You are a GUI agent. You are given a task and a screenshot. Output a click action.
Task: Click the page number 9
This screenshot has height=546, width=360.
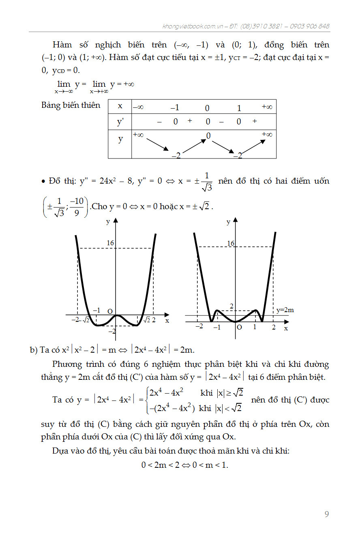click(x=327, y=514)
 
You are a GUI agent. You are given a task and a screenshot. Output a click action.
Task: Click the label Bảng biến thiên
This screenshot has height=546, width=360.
click(x=71, y=105)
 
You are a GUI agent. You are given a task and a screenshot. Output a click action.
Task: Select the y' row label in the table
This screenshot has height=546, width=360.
click(x=120, y=122)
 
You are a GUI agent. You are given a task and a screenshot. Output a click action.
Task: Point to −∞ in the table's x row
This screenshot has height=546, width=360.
click(x=138, y=107)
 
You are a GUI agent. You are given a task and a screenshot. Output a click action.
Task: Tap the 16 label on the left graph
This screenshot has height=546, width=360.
click(x=110, y=243)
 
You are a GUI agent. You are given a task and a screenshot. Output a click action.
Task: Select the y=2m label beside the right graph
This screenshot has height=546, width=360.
click(x=285, y=310)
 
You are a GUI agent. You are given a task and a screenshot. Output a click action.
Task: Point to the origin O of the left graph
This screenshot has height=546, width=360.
click(x=110, y=311)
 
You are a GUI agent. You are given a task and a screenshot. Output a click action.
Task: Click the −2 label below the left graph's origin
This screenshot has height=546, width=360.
click(x=112, y=331)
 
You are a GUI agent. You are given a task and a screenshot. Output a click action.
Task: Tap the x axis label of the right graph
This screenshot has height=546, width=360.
click(x=286, y=328)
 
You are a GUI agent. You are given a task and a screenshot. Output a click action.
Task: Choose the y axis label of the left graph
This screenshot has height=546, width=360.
click(x=108, y=221)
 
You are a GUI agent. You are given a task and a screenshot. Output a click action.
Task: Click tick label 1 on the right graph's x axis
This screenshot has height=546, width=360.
click(x=255, y=326)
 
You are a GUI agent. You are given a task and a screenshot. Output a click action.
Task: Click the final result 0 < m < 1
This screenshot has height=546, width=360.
click(x=185, y=465)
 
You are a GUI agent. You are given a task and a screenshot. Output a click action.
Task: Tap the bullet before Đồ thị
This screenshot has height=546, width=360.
click(x=43, y=181)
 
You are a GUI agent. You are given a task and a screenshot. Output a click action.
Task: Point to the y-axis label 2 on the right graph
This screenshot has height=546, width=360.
click(x=231, y=306)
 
